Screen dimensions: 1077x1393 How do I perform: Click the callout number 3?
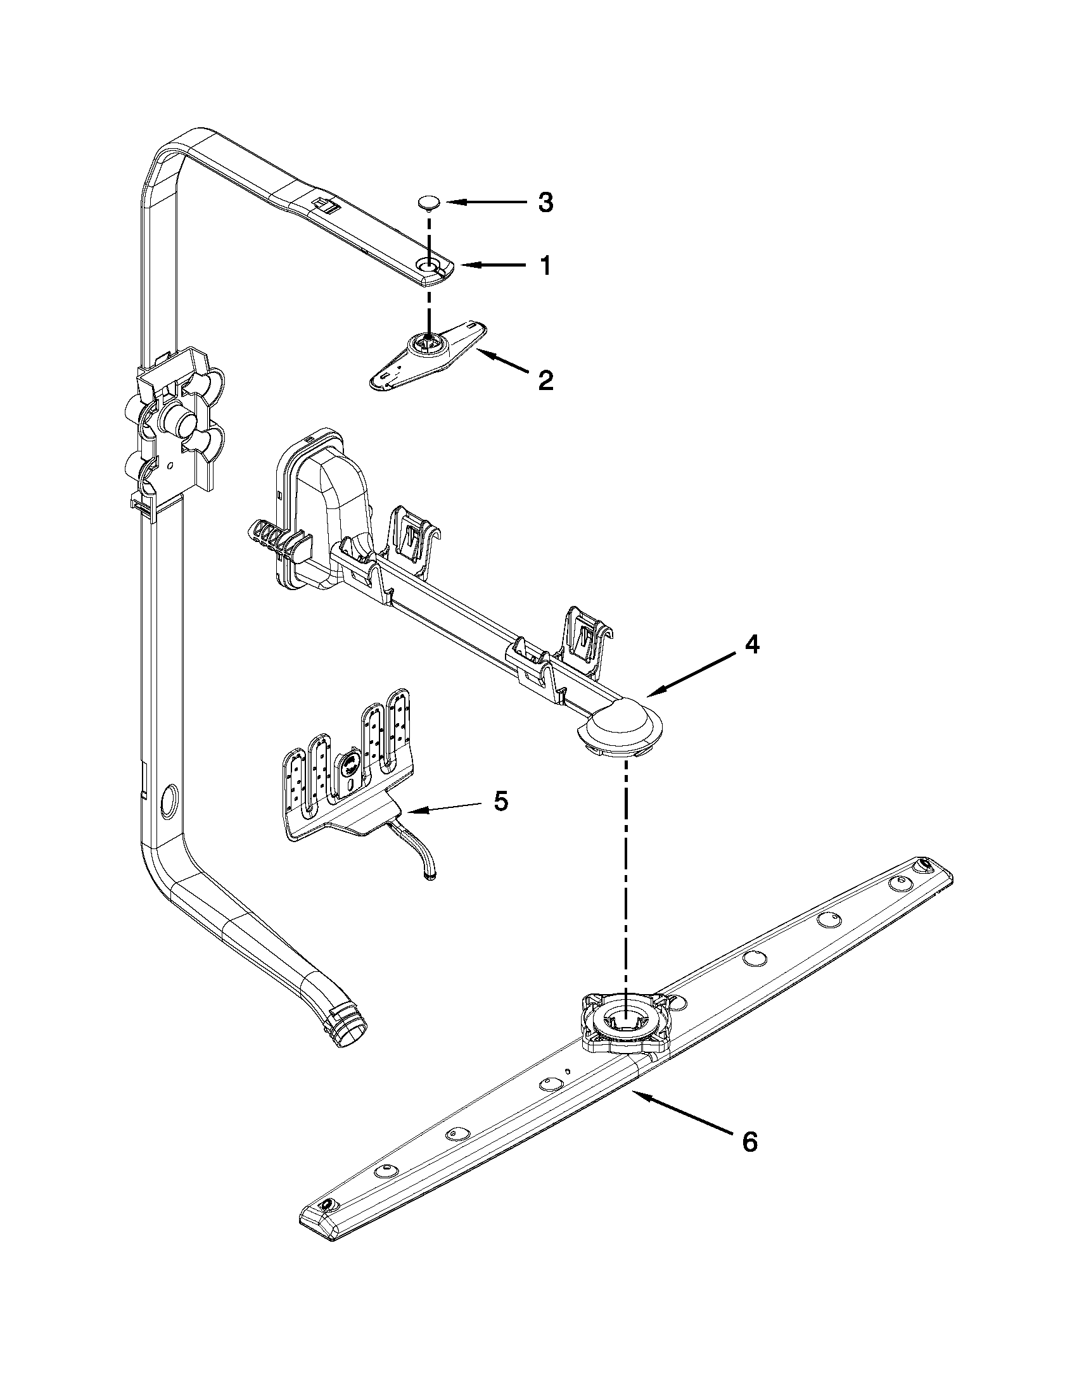click(545, 203)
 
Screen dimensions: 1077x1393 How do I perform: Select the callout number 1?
click(544, 265)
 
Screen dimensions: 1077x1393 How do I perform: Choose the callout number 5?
click(502, 801)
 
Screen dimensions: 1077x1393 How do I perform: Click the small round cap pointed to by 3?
click(428, 203)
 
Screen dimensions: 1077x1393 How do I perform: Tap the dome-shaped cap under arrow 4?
click(619, 727)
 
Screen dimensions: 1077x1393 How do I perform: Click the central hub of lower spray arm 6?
click(626, 1021)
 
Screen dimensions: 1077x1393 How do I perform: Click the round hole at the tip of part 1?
click(428, 264)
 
